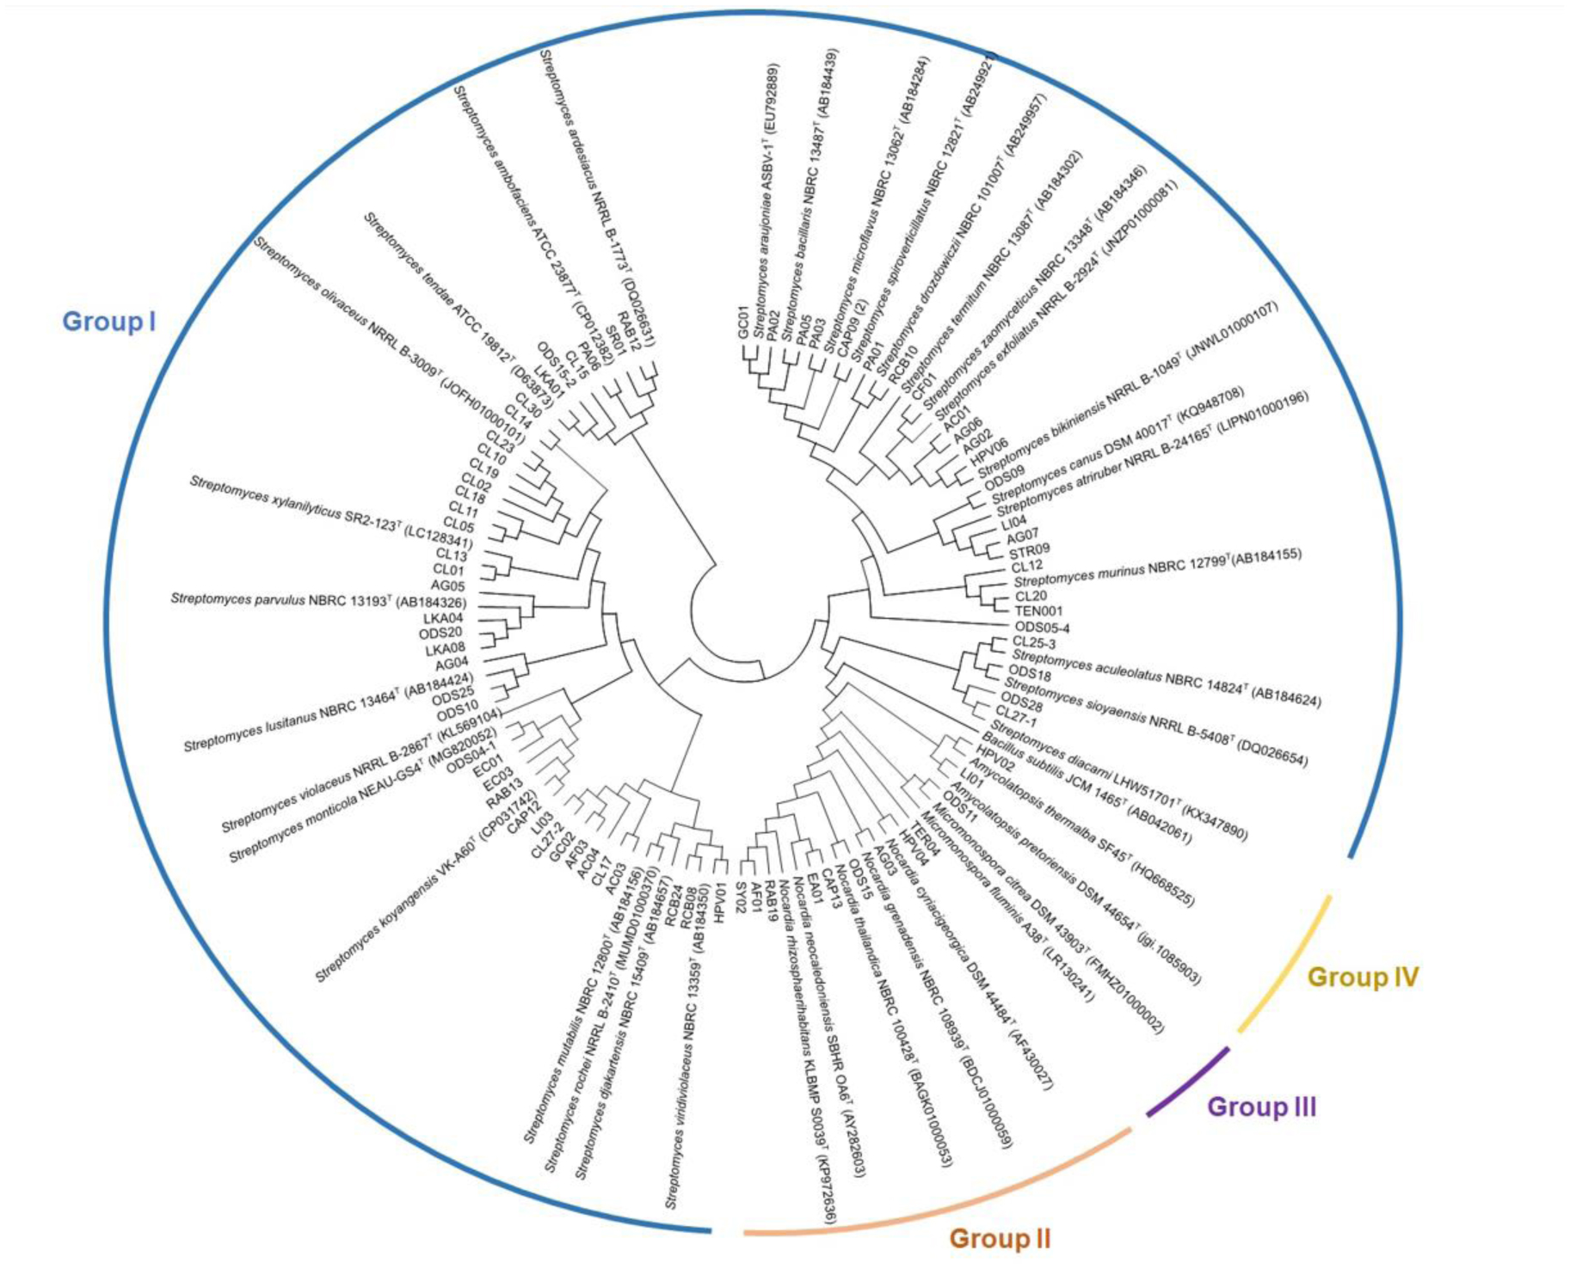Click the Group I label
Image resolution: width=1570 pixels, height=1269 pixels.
109,322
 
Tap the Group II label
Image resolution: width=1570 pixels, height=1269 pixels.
1000,1239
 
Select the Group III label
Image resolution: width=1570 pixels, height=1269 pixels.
1261,1107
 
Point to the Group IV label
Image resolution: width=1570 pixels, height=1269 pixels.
1363,978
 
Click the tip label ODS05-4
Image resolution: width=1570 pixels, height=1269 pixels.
1043,628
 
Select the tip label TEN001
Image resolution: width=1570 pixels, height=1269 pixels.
1038,611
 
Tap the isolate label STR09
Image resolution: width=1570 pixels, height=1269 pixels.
1029,550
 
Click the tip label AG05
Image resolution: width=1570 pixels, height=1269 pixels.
447,586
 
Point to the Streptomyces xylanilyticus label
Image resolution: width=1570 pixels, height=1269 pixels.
330,512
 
